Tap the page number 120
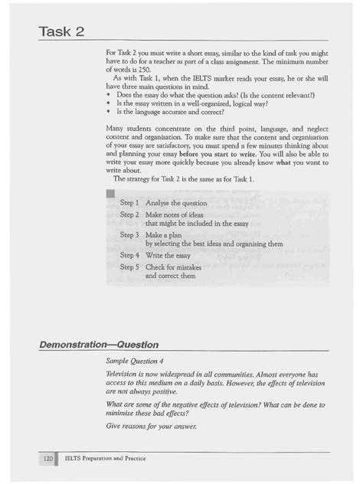coord(47,458)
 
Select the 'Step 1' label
coord(129,203)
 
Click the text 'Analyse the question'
coord(177,203)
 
